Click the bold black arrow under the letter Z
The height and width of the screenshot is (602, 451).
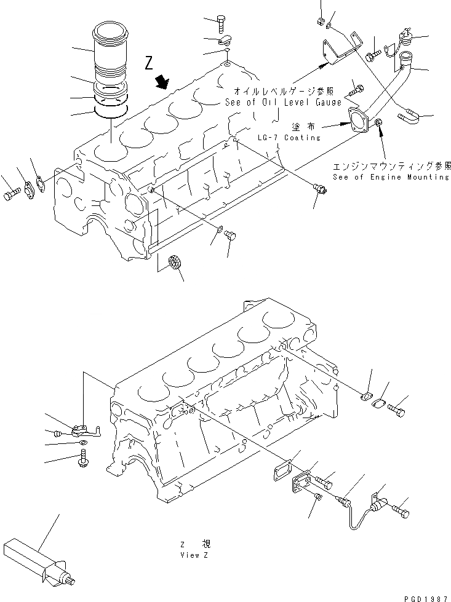pos(163,82)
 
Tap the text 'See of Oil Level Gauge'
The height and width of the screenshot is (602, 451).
pos(283,103)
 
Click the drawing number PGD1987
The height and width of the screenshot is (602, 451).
pos(427,596)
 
